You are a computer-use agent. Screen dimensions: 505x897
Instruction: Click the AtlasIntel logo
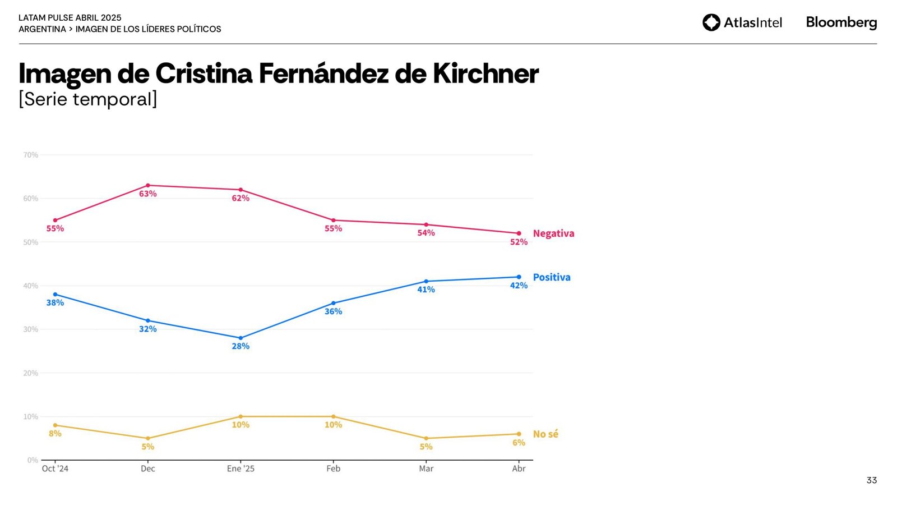pos(742,22)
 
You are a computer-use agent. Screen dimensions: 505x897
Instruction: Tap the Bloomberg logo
pos(841,22)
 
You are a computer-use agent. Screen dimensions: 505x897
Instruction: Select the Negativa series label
pos(553,233)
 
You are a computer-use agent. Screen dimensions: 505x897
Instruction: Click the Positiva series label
pos(552,277)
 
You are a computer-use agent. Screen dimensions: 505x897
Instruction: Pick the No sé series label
pos(545,434)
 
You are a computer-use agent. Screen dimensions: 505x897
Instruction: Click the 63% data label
pos(148,194)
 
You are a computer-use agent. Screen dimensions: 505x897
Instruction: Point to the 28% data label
pos(241,347)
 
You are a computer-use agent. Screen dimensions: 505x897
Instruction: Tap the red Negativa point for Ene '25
pos(241,190)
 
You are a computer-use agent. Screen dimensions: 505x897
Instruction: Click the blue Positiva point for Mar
pos(426,281)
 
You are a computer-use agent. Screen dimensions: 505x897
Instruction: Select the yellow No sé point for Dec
pos(148,438)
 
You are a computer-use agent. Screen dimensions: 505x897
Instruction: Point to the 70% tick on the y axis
pos(31,155)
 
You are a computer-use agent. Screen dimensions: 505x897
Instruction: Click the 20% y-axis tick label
pos(31,373)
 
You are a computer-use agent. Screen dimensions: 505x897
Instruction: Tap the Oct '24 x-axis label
pos(55,469)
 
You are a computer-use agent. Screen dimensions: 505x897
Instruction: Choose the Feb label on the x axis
pos(334,469)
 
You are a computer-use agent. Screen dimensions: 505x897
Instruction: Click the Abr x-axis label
pos(519,469)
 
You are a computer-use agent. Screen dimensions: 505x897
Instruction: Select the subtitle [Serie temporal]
pos(88,99)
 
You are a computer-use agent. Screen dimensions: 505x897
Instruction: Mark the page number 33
pos(871,480)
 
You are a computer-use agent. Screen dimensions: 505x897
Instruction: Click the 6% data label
pos(519,443)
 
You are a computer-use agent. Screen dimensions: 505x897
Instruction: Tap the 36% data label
pos(334,312)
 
